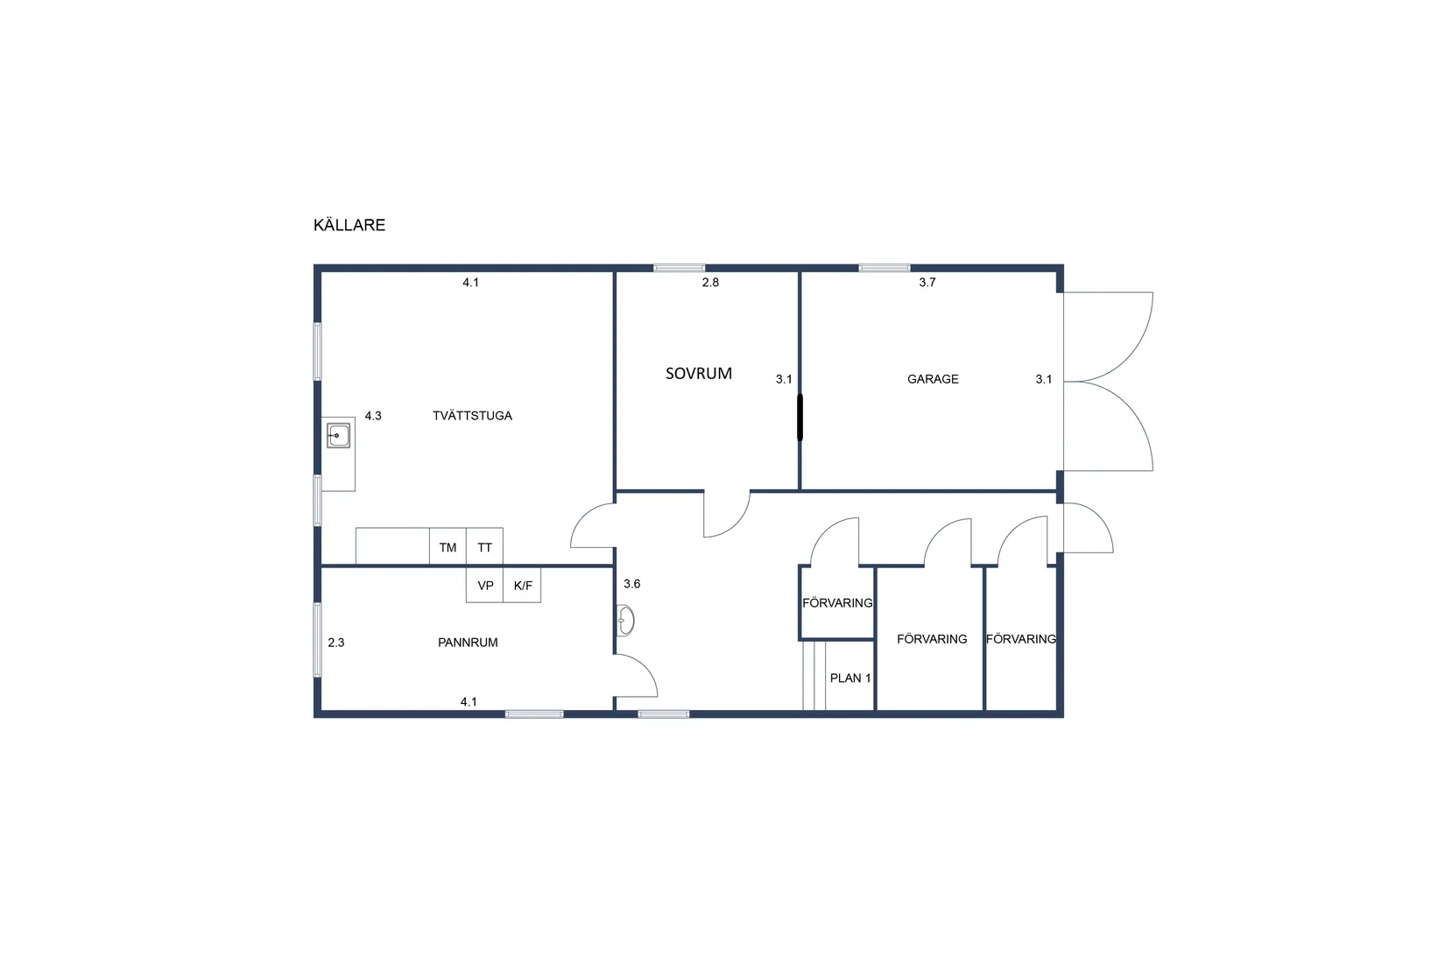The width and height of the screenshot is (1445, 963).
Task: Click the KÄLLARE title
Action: pyautogui.click(x=349, y=224)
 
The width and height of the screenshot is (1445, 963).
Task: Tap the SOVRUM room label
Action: pyautogui.click(x=699, y=374)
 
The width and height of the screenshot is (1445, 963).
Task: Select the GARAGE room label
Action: pyautogui.click(x=933, y=379)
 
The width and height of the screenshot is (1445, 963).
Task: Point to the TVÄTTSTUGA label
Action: pyautogui.click(x=472, y=416)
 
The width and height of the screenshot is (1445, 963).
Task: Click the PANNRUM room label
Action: pyautogui.click(x=468, y=643)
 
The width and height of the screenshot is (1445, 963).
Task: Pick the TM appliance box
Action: pyautogui.click(x=448, y=547)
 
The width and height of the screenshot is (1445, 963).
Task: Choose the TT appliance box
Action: pyautogui.click(x=484, y=547)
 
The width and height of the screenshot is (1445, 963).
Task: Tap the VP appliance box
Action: pyautogui.click(x=484, y=585)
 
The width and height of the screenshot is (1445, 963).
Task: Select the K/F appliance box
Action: pyautogui.click(x=522, y=585)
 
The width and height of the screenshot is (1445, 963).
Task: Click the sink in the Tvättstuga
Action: pyautogui.click(x=338, y=435)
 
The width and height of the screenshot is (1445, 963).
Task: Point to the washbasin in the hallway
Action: pyautogui.click(x=625, y=621)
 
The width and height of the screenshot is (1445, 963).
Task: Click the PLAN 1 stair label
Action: pyautogui.click(x=850, y=678)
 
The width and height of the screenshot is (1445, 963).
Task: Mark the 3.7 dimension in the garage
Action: pyautogui.click(x=927, y=282)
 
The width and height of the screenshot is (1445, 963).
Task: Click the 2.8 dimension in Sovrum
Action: pyautogui.click(x=710, y=282)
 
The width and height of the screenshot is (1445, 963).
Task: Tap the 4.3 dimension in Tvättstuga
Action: pyautogui.click(x=373, y=416)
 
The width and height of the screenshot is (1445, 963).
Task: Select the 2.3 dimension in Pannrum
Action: pyautogui.click(x=336, y=643)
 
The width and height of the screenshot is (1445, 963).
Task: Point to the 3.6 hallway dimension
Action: pyautogui.click(x=631, y=584)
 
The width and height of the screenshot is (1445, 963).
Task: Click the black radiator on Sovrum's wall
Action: pyautogui.click(x=800, y=418)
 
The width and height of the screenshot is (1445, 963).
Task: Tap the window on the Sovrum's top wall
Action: pyautogui.click(x=680, y=268)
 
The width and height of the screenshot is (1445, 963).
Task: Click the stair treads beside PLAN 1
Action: pyautogui.click(x=814, y=675)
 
